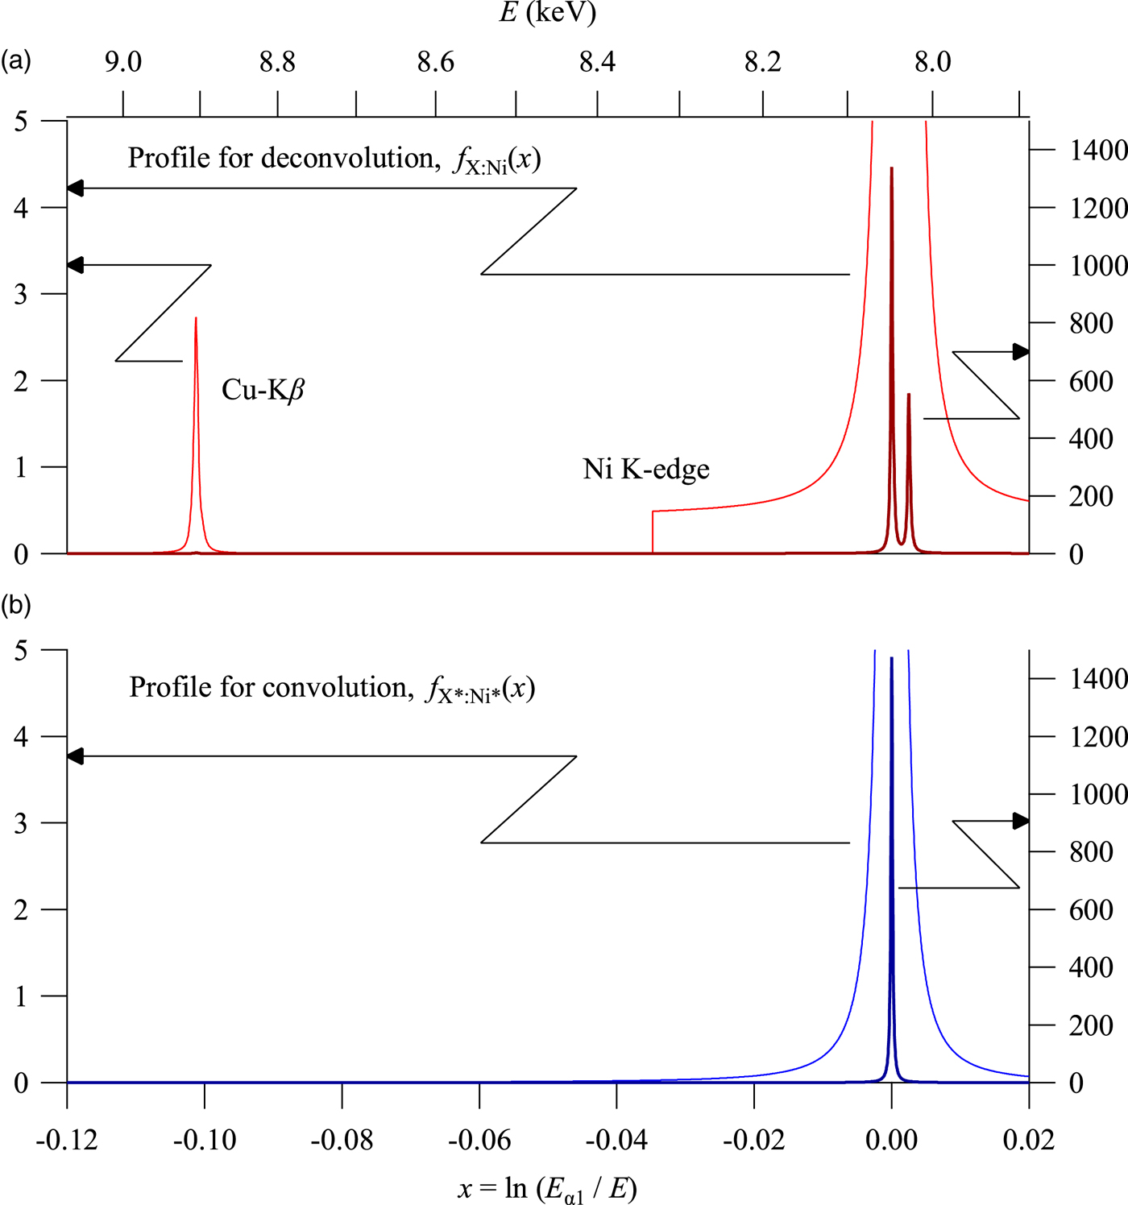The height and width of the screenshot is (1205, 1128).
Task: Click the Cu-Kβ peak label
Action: point(263,391)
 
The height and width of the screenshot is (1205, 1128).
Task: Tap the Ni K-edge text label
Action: point(645,469)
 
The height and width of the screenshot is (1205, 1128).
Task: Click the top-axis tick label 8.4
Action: point(597,62)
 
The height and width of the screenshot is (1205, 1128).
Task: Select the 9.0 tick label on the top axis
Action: point(123,62)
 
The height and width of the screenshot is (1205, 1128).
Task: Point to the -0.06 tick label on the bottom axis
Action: point(479,1140)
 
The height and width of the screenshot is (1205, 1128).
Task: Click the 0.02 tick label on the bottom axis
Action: point(1029,1140)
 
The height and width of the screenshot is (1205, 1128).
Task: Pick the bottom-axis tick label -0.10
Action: point(205,1140)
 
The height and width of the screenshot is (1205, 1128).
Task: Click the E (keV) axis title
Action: point(547,13)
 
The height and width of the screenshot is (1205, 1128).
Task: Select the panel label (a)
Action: point(15,60)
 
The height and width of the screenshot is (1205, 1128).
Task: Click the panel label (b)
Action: point(15,604)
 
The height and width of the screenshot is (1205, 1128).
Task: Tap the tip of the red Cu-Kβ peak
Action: point(196,319)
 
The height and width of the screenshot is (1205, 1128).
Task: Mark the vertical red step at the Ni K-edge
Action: point(653,532)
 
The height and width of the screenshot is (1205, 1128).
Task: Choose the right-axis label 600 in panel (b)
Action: point(1091,910)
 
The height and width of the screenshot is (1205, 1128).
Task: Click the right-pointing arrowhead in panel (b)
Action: point(1022,821)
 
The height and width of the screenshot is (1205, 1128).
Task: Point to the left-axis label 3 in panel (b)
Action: point(21,823)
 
